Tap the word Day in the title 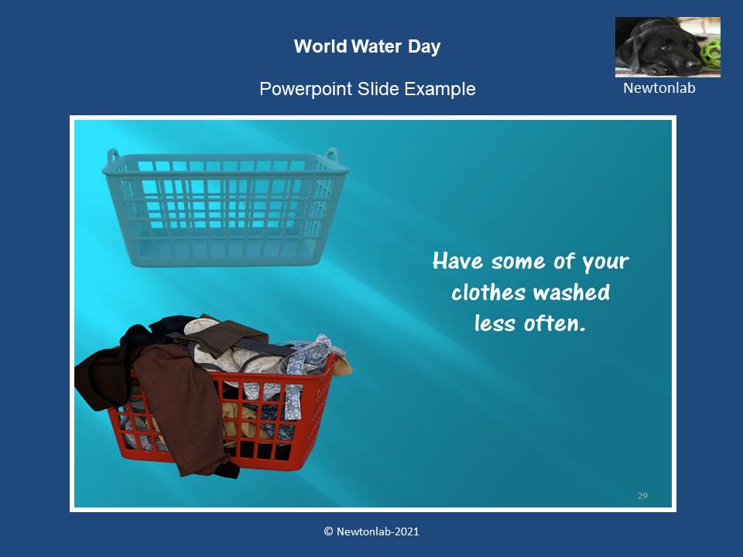tap(424, 47)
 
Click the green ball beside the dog tap(712, 54)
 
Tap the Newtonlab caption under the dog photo tap(659, 88)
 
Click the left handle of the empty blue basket tap(113, 155)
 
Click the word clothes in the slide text tap(488, 292)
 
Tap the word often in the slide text tap(555, 323)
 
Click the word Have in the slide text tap(457, 261)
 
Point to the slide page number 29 tap(642, 495)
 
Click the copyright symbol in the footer tap(328, 531)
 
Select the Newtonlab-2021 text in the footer tap(378, 531)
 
